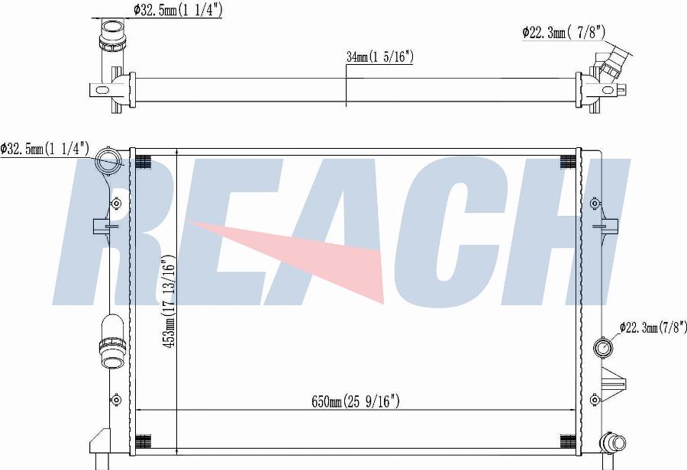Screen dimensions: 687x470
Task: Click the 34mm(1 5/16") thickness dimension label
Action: click(380, 56)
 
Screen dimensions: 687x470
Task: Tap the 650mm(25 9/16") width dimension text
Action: click(355, 401)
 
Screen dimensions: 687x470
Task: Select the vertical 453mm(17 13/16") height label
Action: click(169, 302)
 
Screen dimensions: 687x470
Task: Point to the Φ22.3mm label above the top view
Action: click(563, 31)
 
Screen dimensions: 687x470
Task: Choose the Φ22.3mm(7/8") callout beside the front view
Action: click(653, 327)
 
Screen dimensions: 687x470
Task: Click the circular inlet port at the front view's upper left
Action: click(108, 159)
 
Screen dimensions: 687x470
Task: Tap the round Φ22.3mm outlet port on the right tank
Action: click(603, 348)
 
